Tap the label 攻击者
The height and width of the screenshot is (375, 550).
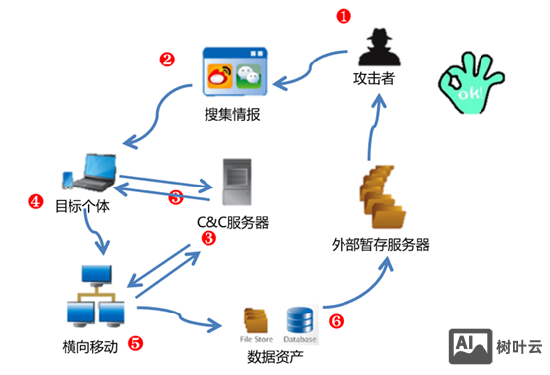374,79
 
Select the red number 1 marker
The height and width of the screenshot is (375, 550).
344,16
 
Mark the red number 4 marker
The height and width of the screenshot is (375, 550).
36,201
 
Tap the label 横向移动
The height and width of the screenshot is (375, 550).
90,346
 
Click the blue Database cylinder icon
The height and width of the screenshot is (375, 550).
300,317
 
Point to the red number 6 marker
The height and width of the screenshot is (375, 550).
336,321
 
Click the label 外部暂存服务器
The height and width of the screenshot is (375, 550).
381,244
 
